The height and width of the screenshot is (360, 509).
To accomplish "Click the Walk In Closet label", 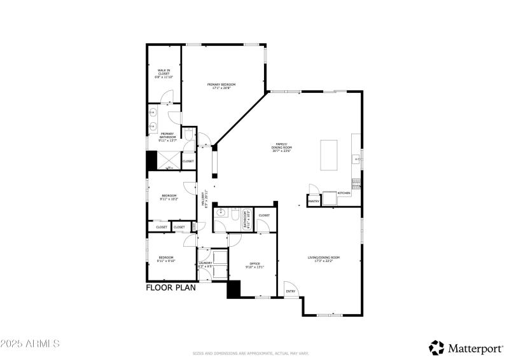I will point(164,73).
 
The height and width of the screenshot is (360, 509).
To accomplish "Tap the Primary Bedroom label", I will point(221,86).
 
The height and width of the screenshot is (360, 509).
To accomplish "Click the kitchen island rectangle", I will point(330,156).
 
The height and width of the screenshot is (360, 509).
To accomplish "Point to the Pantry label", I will point(314,201).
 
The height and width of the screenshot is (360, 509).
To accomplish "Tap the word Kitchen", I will point(344,193).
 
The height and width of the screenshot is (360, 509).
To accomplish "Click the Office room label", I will point(254,265).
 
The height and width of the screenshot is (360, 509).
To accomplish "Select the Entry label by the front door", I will point(291,291).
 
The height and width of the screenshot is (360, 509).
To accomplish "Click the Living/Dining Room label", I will point(324,259).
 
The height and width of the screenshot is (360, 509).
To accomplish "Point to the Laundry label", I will point(205,264).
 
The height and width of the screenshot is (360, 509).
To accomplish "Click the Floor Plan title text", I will point(171,287).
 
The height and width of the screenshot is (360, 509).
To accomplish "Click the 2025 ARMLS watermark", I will point(30,343).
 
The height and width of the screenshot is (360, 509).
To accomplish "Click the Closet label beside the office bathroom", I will point(264,216).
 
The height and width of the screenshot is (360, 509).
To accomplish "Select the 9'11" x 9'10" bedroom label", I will point(167,259).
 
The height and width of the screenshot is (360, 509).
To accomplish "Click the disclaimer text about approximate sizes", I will point(254,353).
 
